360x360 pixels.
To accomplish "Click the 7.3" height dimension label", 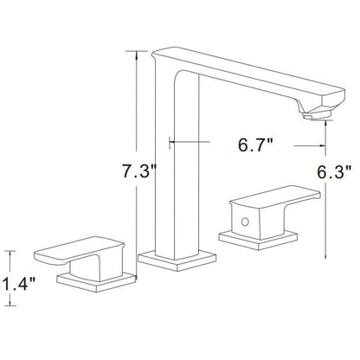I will point(137,172).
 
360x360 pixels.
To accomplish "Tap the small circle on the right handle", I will point(248,222).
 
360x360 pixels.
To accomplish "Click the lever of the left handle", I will point(69,253).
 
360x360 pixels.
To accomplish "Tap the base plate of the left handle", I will point(94,278).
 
